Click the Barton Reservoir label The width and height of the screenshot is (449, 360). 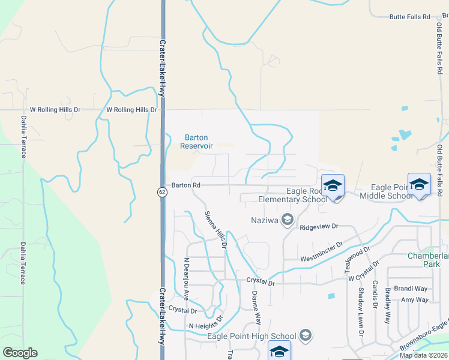(196, 142)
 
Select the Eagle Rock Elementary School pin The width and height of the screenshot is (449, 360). (333, 187)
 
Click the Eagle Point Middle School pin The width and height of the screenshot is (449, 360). (419, 185)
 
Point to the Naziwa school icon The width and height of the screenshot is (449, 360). (287, 220)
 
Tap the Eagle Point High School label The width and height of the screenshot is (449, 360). (252, 336)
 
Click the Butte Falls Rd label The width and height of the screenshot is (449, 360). (410, 17)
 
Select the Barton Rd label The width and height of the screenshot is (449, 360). (184, 185)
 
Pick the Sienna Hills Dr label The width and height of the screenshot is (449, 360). (215, 229)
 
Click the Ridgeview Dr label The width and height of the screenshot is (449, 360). (319, 227)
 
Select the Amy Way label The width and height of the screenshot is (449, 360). (415, 299)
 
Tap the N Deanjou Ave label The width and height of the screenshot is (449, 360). (186, 279)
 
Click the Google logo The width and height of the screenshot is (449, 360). (20, 353)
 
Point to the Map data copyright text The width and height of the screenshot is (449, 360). (424, 355)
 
